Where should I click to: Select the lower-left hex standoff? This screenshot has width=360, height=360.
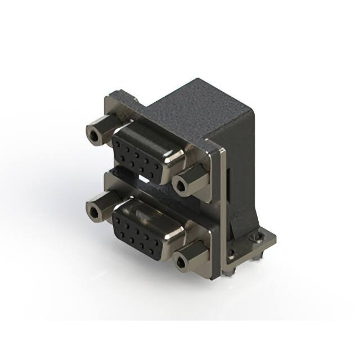(100, 207)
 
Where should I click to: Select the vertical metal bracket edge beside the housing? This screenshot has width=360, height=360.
(223, 214)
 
